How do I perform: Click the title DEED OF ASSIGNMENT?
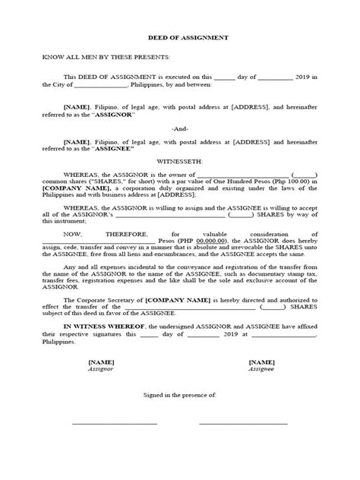click(x=180, y=36)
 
